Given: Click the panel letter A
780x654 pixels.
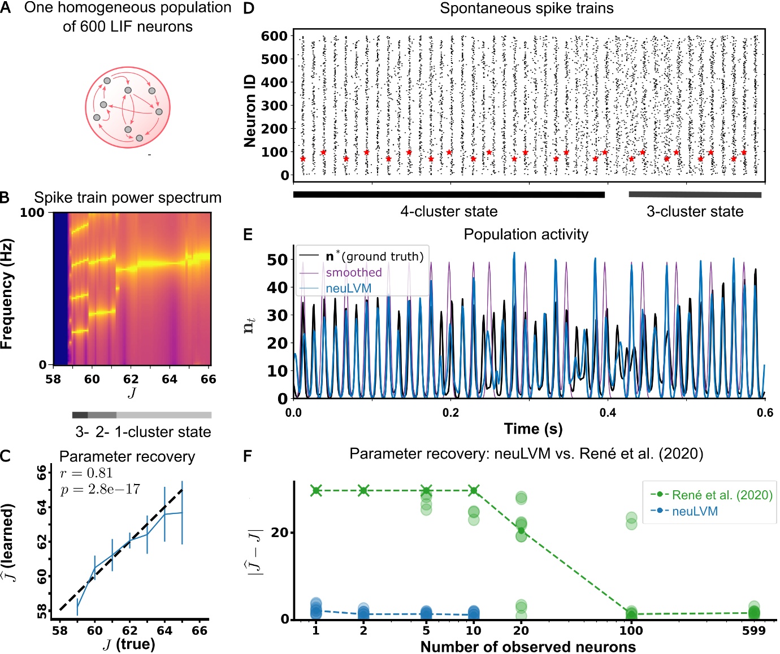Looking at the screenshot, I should click(x=6, y=8).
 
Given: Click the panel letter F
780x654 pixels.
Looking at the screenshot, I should click(x=248, y=456).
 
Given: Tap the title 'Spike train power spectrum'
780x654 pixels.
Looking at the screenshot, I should click(x=127, y=198).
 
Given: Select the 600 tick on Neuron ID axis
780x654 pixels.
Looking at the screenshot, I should click(x=274, y=36).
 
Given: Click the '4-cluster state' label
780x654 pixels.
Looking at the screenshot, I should click(x=449, y=212).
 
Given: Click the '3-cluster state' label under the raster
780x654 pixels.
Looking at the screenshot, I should click(x=695, y=212).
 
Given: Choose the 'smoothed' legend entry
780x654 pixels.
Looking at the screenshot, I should click(x=353, y=272).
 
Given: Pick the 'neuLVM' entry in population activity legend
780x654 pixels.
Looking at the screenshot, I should click(x=348, y=288).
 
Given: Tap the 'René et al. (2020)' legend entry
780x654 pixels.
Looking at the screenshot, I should click(x=722, y=495).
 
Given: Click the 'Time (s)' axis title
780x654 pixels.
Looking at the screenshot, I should click(x=533, y=429).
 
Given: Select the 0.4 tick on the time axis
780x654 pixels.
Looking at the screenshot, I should click(x=608, y=413).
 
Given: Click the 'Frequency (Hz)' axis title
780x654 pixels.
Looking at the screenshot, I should click(x=7, y=294).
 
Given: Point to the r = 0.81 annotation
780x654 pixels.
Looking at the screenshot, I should click(x=86, y=473).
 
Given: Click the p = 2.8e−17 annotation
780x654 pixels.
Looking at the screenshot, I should click(x=100, y=489).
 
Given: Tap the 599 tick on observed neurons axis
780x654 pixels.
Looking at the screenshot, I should click(x=753, y=631).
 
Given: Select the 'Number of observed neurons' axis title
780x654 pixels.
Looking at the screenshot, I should click(x=528, y=647).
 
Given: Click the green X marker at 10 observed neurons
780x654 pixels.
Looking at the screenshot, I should click(x=474, y=490).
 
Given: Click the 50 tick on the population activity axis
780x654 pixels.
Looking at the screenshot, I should click(x=277, y=260).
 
